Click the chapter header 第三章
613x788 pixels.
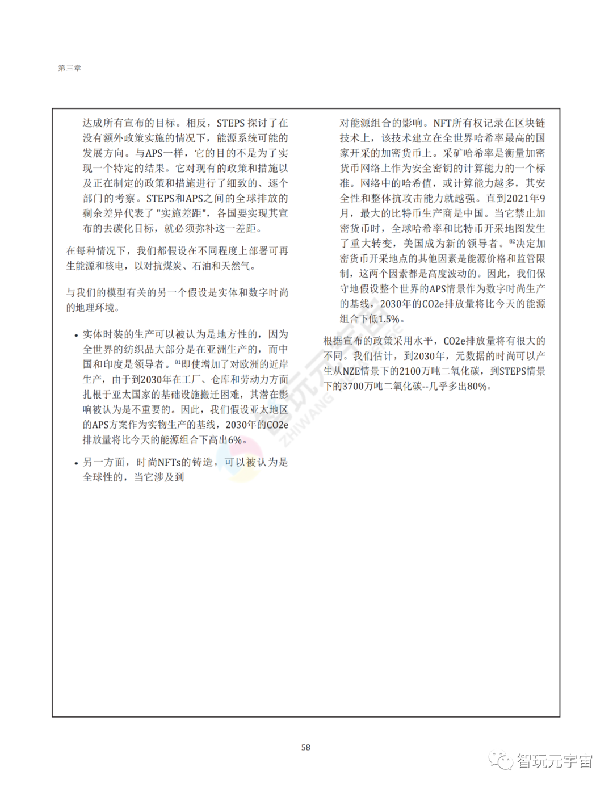69,68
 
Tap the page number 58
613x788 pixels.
305,747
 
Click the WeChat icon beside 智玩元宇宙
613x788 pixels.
501,760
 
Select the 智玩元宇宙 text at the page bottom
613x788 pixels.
555,761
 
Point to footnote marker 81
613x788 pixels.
177,362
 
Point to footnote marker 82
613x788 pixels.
512,241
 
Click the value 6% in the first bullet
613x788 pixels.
235,440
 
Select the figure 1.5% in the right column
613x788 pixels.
389,319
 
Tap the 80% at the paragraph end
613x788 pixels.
477,387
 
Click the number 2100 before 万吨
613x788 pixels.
410,371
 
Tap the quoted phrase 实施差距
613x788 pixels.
182,213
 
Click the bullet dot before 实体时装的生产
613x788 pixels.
76,336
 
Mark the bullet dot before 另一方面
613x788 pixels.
76,463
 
